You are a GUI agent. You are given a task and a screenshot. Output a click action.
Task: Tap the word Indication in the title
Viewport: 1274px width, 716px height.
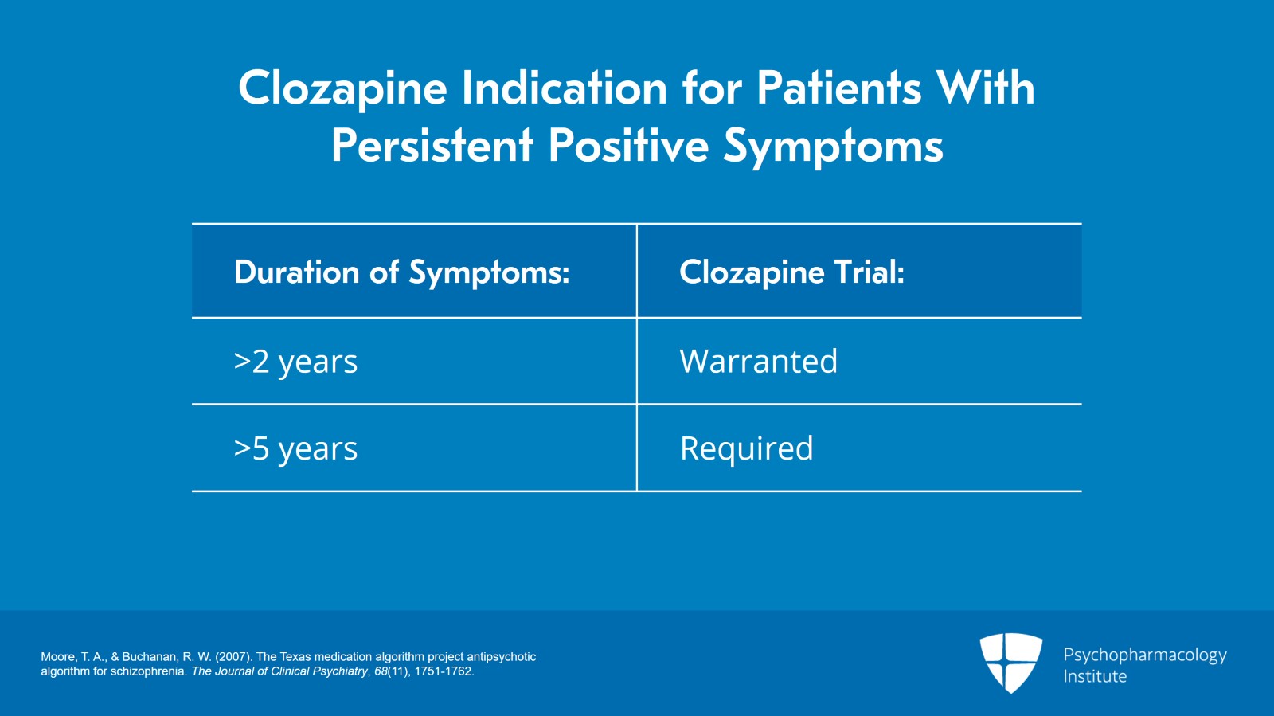click(564, 88)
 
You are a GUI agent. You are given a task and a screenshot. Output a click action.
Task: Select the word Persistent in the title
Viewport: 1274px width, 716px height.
click(432, 146)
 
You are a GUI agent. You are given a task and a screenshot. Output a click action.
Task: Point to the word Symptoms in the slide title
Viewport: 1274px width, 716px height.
click(833, 146)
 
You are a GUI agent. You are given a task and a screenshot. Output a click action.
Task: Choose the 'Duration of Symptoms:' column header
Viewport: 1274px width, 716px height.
click(401, 272)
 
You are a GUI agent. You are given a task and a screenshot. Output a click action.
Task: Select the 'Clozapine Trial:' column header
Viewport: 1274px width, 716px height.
click(791, 272)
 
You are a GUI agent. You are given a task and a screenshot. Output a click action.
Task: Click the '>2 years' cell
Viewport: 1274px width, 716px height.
click(295, 362)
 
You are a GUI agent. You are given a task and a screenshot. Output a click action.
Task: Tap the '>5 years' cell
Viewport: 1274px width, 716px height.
click(295, 448)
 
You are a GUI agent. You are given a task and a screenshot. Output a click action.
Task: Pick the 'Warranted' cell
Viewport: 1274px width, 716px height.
click(758, 362)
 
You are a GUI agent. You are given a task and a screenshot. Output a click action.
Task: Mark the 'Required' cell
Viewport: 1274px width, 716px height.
click(746, 448)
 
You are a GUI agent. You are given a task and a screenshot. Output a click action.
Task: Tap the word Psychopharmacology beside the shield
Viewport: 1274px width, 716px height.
click(1144, 655)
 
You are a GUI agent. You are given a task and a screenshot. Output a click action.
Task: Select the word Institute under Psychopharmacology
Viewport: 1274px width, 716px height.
click(1095, 676)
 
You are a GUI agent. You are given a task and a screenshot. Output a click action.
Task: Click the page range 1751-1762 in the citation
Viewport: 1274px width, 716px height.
click(444, 671)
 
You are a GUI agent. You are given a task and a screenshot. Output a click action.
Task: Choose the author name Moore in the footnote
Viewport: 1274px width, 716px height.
click(57, 657)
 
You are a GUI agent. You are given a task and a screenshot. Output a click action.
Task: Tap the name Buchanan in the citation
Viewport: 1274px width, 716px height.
click(150, 657)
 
